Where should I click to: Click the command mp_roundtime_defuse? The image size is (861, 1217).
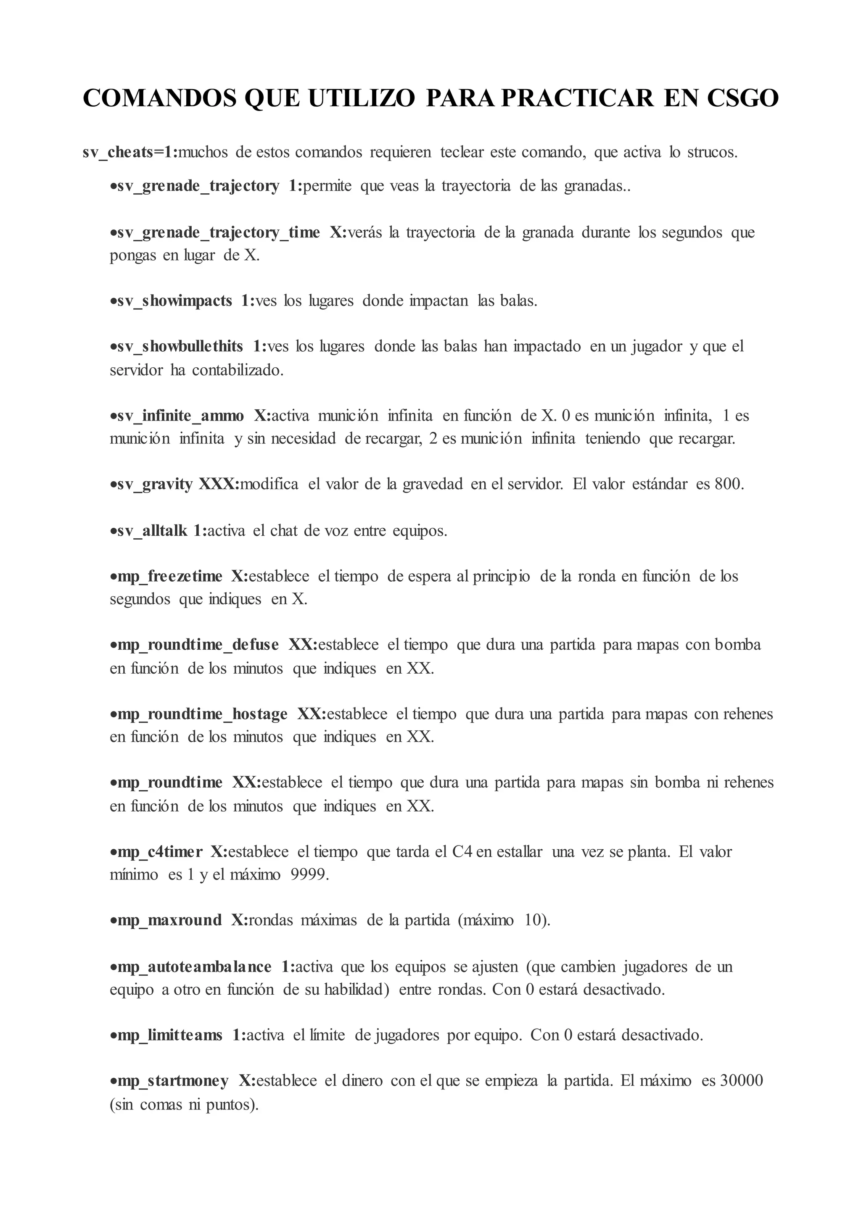click(x=197, y=645)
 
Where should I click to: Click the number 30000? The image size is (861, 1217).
click(x=741, y=1081)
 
